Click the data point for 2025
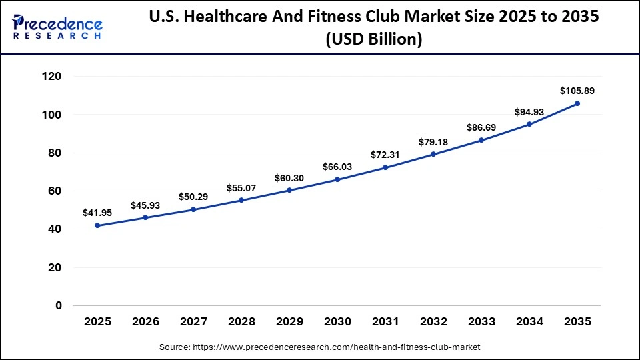(97, 225)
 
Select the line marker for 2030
(337, 179)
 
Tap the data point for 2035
(577, 103)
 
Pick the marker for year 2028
(241, 200)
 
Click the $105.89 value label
(577, 90)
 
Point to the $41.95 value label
(97, 213)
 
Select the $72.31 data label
(385, 155)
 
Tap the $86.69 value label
(481, 127)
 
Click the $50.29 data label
(193, 197)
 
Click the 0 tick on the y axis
(59, 305)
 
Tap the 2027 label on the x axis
(193, 321)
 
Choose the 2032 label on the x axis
(433, 321)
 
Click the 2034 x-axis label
(529, 321)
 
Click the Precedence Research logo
(57, 27)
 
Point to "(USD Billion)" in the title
(373, 40)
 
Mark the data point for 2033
(481, 140)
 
